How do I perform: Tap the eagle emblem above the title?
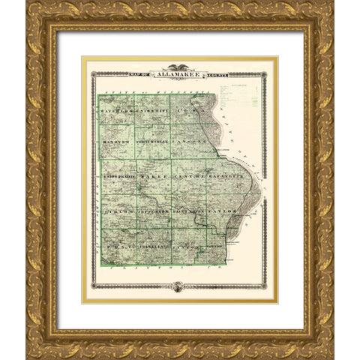178,67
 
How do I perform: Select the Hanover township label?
115,141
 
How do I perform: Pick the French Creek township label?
151,141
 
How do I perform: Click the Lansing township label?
189,141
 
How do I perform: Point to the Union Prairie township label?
117,178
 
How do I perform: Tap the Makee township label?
153,178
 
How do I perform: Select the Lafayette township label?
223,178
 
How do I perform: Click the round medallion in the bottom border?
178,286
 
